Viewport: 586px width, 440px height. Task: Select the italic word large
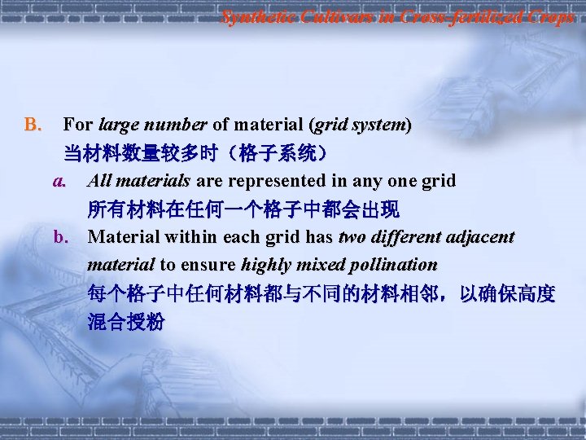point(117,125)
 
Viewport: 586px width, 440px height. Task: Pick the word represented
point(274,180)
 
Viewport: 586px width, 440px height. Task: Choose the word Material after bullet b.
point(124,237)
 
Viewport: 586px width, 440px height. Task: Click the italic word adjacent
point(479,237)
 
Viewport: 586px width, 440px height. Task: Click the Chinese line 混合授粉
point(125,322)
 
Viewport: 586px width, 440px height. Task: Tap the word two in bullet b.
point(351,237)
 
